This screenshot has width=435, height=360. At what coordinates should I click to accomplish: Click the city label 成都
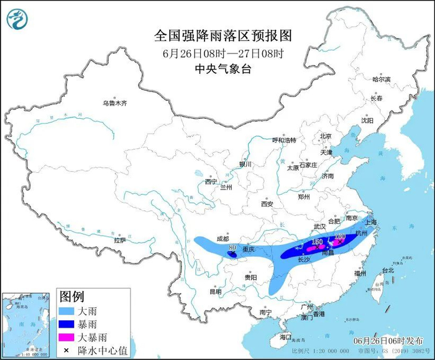[x=222, y=238]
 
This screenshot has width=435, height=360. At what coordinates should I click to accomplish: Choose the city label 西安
[x=267, y=203]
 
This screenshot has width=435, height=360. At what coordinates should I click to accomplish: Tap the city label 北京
[x=326, y=136]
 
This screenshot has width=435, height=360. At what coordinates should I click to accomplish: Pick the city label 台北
[x=388, y=270]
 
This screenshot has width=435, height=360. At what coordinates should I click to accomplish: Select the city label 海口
[x=285, y=336]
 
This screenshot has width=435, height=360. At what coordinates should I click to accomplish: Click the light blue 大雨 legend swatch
[x=70, y=309]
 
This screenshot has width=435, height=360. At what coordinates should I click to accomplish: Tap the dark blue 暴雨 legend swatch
[x=70, y=323]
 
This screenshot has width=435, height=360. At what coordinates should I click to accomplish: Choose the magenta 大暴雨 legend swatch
[x=70, y=336]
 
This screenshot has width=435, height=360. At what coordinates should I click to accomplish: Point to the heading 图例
[x=71, y=294]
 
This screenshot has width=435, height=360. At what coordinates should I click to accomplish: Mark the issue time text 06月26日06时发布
[x=388, y=341]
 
